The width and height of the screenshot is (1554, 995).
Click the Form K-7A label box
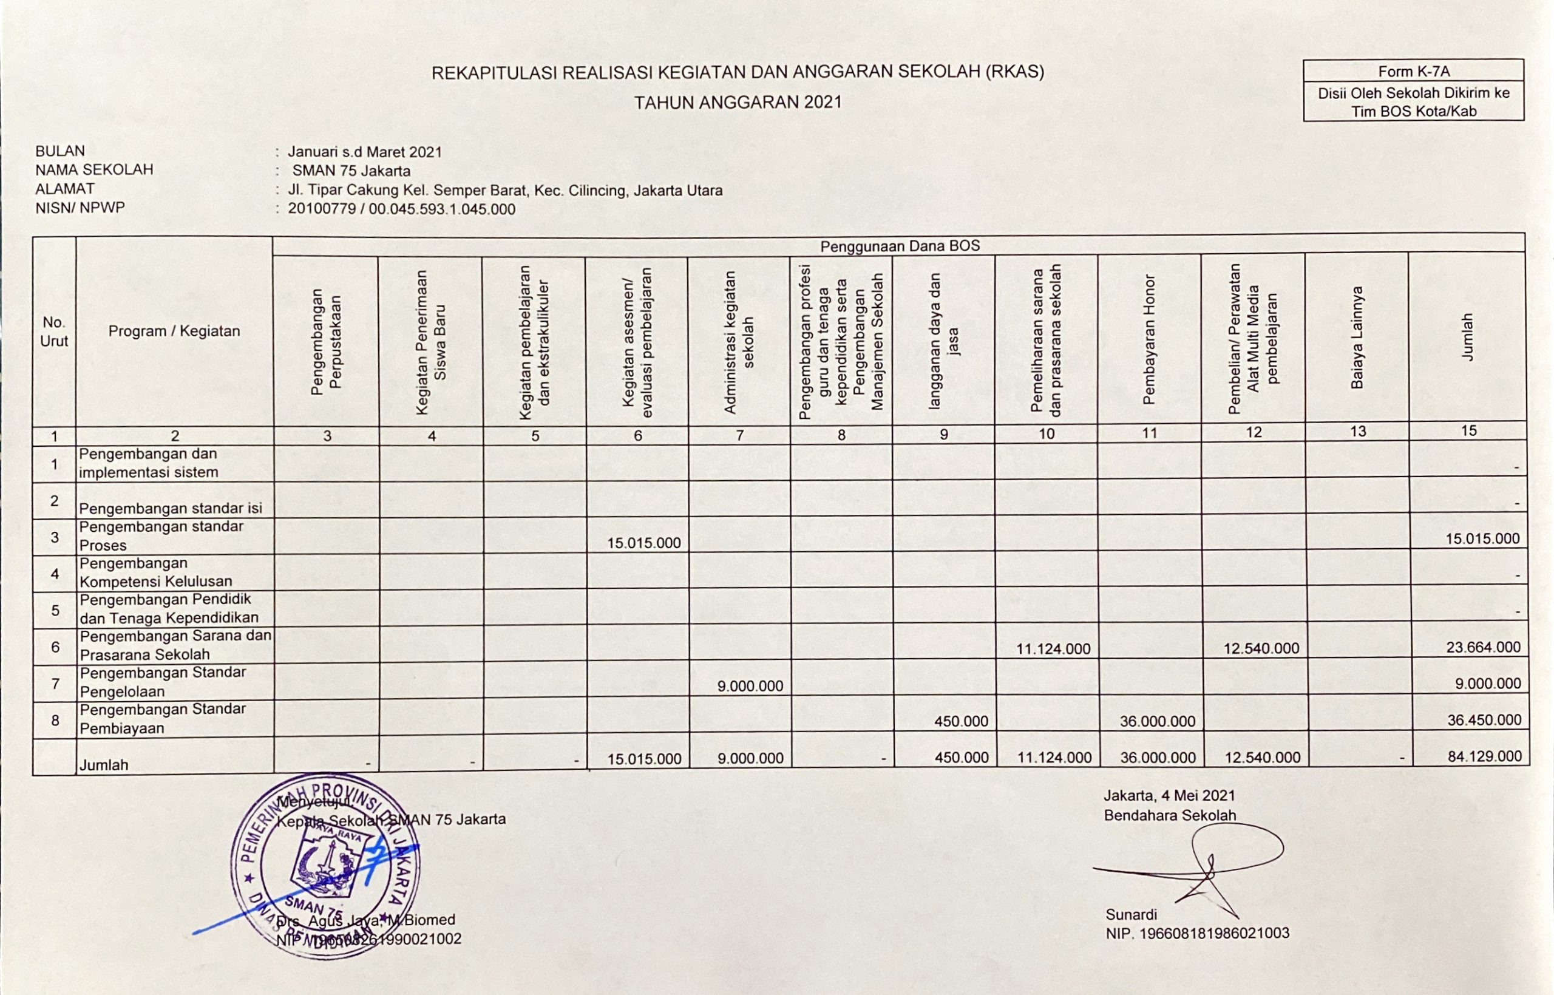point(1413,71)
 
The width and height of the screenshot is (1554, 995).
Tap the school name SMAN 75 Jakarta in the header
point(351,171)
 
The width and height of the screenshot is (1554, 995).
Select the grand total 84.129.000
point(1484,756)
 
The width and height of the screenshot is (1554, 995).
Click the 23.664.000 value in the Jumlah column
point(1483,647)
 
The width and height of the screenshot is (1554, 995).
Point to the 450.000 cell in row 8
point(960,721)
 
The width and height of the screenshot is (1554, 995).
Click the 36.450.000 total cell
point(1484,720)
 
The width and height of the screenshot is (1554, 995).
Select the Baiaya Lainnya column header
point(1356,338)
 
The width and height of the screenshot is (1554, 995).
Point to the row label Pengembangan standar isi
point(171,508)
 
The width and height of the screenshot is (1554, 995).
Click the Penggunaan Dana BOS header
point(899,245)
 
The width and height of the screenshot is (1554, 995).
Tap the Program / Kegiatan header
point(174,331)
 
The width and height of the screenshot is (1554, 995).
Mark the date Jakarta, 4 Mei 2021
point(1169,795)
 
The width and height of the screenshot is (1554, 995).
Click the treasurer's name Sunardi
point(1131,914)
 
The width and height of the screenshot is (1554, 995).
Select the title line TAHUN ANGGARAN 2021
point(738,102)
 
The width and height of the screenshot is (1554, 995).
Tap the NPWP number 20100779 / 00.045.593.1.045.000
point(401,209)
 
